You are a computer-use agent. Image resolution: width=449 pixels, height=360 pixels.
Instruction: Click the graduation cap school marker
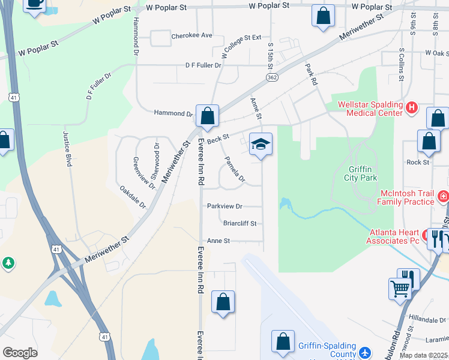tap(261, 145)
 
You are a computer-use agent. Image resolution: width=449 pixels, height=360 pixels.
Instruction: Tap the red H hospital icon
tap(411, 108)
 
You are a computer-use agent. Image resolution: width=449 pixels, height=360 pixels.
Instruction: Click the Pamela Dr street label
tap(235, 169)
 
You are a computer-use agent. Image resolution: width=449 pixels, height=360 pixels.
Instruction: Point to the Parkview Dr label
tap(224, 206)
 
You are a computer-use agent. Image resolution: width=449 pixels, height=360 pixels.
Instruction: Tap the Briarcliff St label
tap(240, 223)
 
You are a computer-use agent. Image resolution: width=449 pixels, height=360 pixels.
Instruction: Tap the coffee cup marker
tap(35, 4)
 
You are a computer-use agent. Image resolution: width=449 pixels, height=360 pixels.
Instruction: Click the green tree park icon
tap(8, 263)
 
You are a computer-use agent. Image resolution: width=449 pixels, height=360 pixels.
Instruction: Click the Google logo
tap(20, 352)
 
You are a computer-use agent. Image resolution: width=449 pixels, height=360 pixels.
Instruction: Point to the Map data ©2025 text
tap(423, 355)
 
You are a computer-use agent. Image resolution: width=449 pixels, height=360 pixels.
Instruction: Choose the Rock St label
tap(418, 162)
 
